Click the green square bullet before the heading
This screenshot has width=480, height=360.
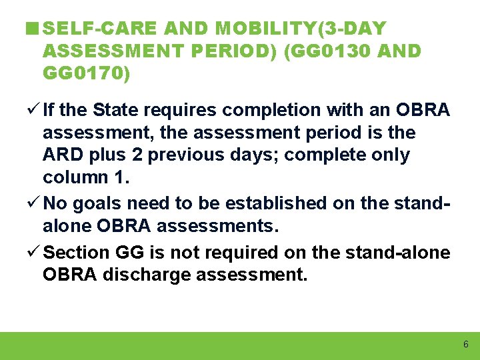[x=30, y=29]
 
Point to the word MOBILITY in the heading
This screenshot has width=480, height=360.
[x=253, y=29]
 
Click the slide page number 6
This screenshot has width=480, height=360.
[x=465, y=345]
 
